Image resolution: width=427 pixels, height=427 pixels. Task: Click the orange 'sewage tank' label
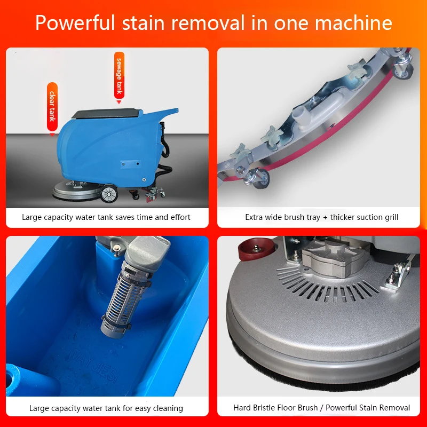click(x=119, y=74)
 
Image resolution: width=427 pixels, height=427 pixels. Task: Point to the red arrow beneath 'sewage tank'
click(x=119, y=100)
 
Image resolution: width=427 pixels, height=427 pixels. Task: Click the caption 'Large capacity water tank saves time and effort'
click(x=106, y=217)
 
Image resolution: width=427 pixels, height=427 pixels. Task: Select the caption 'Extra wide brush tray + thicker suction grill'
click(x=322, y=217)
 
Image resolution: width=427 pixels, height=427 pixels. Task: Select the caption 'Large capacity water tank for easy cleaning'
click(x=106, y=408)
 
